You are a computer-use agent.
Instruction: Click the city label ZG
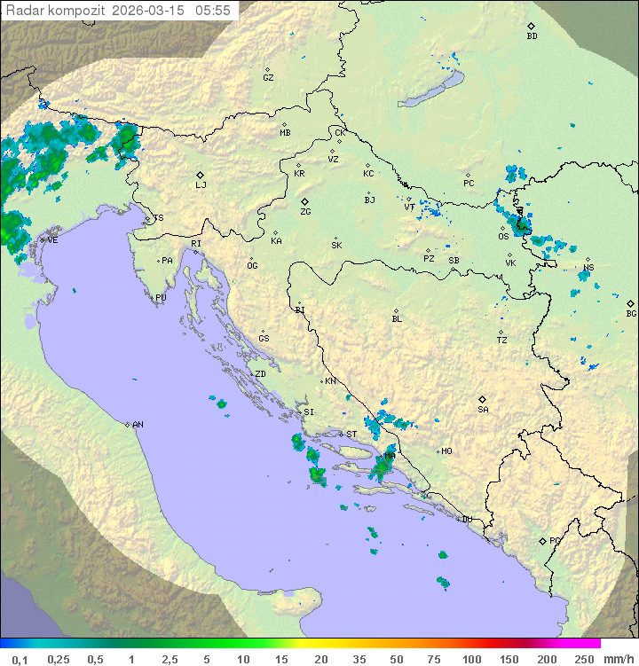[x=305, y=213]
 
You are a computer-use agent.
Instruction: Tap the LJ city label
[x=201, y=185]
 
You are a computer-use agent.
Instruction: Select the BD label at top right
[x=532, y=36]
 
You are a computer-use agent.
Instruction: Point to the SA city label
[x=483, y=410]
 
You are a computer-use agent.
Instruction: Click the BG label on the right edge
[x=631, y=314]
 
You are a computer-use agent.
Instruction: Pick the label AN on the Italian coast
[x=138, y=425]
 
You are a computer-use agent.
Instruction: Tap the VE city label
[x=52, y=240]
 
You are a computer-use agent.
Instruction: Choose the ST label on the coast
[x=351, y=435]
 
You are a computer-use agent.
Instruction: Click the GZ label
[x=268, y=78]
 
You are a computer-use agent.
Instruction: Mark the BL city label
[x=397, y=319]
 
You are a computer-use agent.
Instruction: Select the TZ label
[x=502, y=341]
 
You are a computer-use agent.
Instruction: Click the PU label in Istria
[x=161, y=298]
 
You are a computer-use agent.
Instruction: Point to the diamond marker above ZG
[x=304, y=202]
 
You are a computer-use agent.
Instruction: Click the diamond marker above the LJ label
[x=201, y=175]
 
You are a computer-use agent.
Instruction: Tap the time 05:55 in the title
[x=213, y=11]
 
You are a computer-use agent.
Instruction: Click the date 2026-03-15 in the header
[x=149, y=11]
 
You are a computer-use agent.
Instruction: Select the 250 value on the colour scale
[x=584, y=659]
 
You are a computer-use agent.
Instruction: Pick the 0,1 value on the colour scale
[x=20, y=659]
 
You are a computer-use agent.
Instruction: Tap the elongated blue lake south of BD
[x=431, y=90]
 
